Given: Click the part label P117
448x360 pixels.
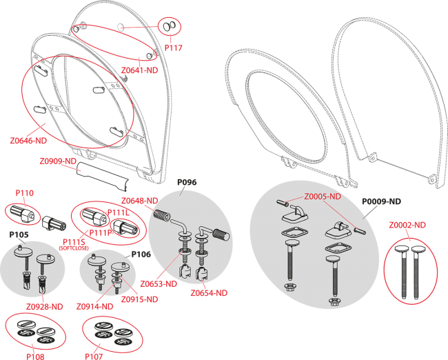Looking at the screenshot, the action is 174,48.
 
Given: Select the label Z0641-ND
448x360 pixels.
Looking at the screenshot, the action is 140,70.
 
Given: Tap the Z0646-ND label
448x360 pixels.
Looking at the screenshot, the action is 28,141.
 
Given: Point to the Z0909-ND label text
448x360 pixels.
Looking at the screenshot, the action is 58,161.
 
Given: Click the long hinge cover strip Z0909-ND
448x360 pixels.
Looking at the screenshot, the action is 103,176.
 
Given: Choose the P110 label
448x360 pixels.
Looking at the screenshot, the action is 25,193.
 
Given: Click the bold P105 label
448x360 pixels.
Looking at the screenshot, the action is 19,234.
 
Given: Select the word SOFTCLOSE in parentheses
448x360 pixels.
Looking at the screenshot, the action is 74,248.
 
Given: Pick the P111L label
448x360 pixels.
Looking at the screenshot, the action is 119,212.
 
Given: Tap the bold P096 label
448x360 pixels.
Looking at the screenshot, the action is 187,182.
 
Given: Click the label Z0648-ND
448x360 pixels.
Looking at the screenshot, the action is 140,201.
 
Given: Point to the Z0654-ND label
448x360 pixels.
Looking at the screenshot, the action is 209,293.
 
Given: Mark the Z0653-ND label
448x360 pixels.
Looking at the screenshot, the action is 159,284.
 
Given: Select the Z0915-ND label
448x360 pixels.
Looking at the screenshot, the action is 140,299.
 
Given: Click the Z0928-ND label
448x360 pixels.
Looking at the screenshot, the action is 45,306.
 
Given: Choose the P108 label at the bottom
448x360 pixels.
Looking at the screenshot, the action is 35,357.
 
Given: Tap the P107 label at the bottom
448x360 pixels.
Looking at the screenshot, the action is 94,357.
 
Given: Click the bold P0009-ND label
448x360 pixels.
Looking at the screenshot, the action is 381,201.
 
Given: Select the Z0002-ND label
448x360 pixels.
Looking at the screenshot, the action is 407,225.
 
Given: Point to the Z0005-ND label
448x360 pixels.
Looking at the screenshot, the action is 323,197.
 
